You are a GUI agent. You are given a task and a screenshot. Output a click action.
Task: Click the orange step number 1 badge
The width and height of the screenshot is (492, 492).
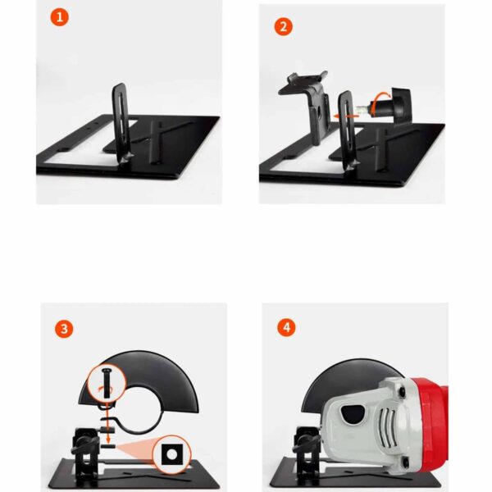coord(59,17)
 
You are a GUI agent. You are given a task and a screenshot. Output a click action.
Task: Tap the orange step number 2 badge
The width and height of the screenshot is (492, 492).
coord(284,27)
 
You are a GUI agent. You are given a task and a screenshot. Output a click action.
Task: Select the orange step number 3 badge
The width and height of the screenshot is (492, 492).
coord(64,329)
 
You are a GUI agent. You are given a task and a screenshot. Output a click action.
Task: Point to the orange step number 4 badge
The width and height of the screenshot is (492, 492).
coord(286,327)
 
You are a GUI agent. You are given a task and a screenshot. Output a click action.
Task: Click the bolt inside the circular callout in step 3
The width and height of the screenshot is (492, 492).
coord(107,383)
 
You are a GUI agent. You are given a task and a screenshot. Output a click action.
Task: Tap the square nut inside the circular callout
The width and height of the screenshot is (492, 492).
coord(171,454)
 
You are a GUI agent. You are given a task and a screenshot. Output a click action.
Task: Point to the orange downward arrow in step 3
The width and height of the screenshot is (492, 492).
coord(108,422)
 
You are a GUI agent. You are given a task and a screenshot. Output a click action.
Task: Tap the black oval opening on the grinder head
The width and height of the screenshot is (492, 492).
coord(353,413)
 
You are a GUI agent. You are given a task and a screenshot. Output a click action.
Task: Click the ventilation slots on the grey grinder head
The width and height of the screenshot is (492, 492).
coord(388,426)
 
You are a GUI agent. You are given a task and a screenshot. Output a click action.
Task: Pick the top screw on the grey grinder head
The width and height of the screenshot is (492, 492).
coord(402,391)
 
